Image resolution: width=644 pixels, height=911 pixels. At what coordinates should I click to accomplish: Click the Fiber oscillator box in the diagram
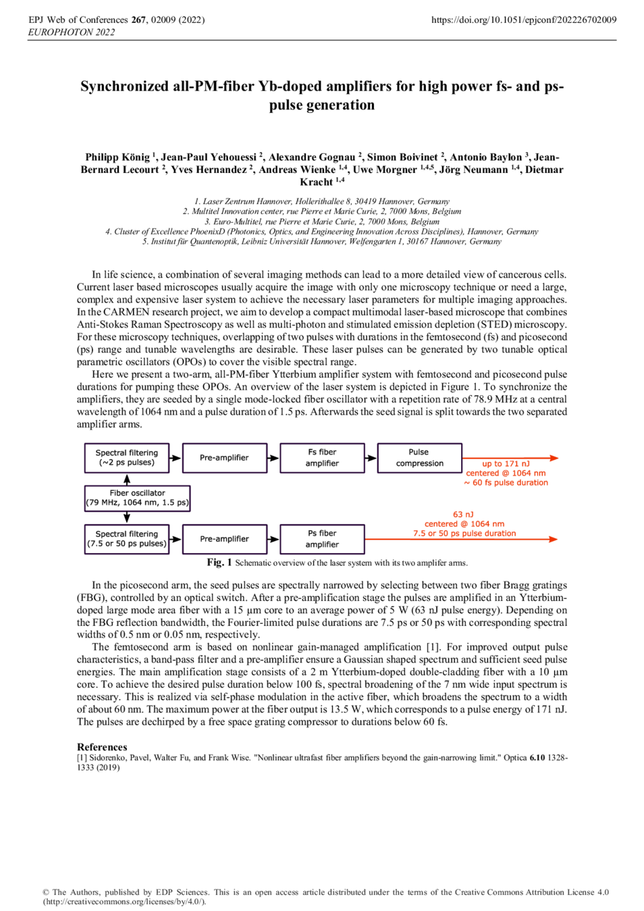tap(137, 498)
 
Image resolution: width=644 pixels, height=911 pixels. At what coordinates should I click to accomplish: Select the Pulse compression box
tap(420, 458)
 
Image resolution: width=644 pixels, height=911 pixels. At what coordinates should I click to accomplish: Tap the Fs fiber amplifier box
tap(322, 458)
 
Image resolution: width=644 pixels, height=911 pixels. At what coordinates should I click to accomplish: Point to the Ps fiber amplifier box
tap(322, 539)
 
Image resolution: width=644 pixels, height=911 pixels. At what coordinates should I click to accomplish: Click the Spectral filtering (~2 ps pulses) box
tap(127, 458)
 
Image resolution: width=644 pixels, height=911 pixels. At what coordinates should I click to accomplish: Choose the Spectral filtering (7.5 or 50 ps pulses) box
tap(127, 539)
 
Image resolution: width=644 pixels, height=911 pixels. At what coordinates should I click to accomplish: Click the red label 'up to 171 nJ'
tap(506, 464)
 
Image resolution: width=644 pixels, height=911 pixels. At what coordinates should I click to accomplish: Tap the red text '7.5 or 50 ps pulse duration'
tap(464, 533)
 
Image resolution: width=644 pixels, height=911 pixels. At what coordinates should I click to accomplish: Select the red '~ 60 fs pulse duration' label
tap(506, 482)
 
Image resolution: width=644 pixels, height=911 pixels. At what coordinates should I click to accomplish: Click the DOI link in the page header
tap(524, 20)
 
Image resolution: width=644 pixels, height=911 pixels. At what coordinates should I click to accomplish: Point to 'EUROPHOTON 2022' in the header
tap(71, 33)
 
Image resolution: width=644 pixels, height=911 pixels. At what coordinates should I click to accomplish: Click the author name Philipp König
tap(118, 157)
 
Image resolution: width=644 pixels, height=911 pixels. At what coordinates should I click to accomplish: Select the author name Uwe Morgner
tap(384, 170)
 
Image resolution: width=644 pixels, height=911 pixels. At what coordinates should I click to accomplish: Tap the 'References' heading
tap(102, 747)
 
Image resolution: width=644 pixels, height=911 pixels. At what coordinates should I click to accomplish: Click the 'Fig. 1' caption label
tap(220, 563)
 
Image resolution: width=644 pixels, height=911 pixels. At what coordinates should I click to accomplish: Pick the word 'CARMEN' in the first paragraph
tap(124, 312)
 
